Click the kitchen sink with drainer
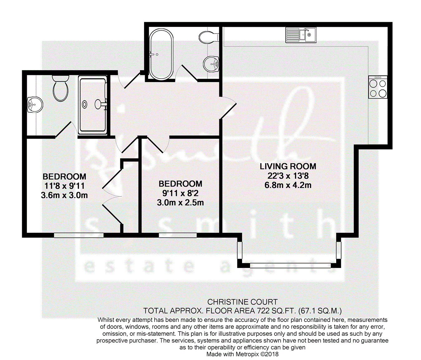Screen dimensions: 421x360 click(301, 35)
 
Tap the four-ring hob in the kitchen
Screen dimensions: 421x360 click(378, 87)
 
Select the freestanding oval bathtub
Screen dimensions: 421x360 click(161, 54)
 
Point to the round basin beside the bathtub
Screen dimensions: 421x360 click(211, 64)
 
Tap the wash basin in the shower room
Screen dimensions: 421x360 click(35, 105)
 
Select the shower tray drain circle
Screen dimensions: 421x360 click(85, 105)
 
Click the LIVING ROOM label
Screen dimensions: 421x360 click(288, 167)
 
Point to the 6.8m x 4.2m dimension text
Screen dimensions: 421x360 click(288, 185)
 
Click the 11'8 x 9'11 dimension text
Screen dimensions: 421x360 click(64, 186)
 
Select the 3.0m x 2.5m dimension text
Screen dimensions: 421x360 click(180, 202)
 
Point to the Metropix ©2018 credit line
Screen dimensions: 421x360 click(242, 354)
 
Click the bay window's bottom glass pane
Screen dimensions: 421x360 click(290, 265)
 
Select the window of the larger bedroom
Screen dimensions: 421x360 click(79, 235)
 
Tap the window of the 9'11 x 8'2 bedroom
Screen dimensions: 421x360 click(178, 235)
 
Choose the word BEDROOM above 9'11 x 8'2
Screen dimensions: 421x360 click(180, 184)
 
